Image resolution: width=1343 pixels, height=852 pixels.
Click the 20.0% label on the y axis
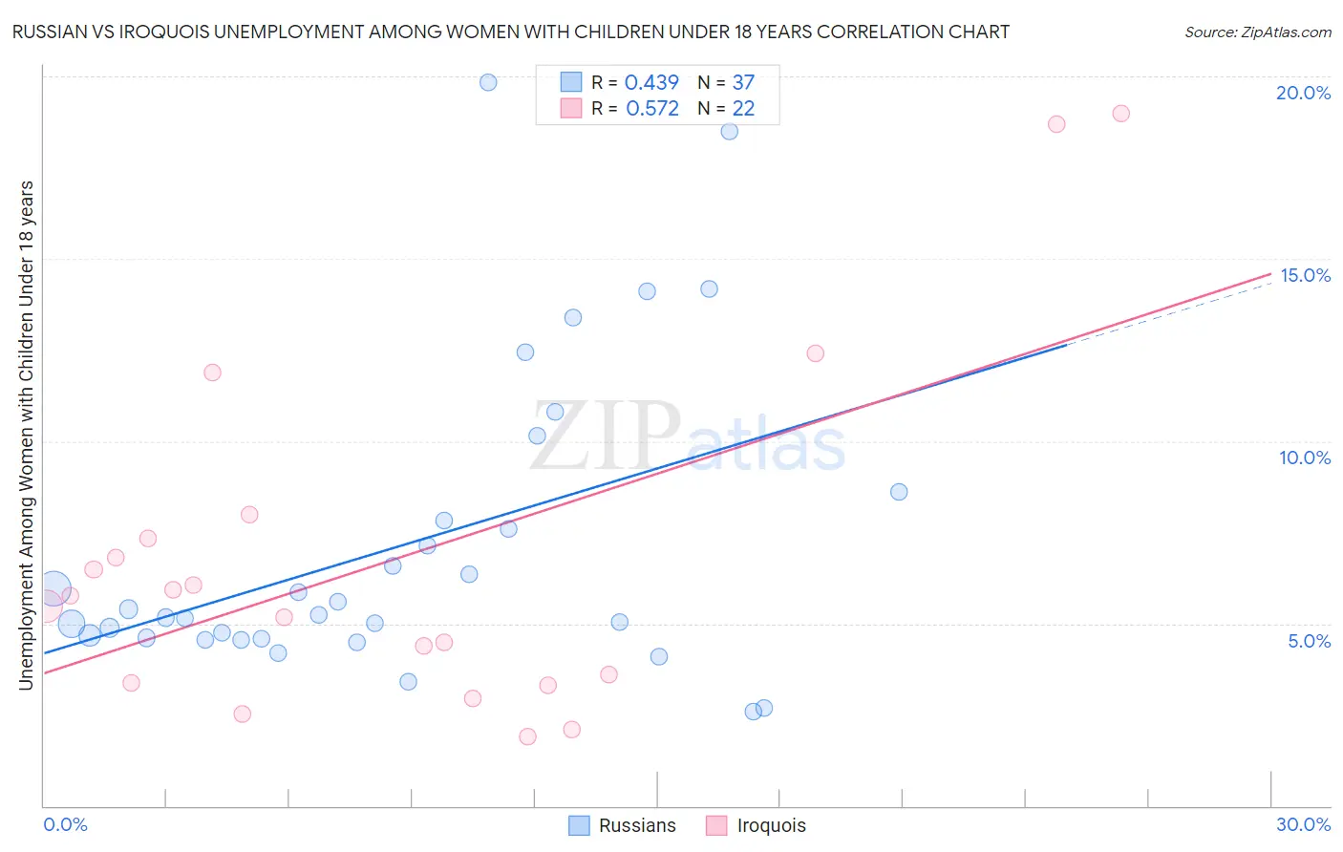click(1303, 93)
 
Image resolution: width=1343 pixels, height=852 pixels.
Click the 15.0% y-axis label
click(1305, 275)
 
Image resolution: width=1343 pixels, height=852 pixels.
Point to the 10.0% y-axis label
click(1305, 458)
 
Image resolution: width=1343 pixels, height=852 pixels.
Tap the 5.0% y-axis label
click(1309, 641)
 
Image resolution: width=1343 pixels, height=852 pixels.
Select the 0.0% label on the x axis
click(65, 824)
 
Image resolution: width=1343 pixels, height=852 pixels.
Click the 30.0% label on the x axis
click(1303, 824)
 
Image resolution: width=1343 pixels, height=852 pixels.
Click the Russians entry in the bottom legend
click(637, 825)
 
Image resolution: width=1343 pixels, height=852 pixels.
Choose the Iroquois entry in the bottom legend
click(771, 825)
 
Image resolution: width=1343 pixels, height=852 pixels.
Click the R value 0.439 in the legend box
click(651, 82)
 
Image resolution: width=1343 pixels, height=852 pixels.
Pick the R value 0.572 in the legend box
click(652, 108)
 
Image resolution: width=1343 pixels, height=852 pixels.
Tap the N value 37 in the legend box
click(743, 82)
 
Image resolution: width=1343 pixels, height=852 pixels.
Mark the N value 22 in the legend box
click(743, 108)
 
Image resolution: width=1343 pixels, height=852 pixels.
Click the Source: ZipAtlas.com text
click(1257, 32)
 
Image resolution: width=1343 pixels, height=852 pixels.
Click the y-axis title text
click(26, 435)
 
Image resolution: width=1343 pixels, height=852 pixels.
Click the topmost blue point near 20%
click(488, 82)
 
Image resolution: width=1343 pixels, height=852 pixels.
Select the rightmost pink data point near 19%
click(1120, 114)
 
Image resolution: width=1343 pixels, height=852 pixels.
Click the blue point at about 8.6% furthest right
click(899, 492)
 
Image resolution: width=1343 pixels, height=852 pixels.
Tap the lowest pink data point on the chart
click(527, 736)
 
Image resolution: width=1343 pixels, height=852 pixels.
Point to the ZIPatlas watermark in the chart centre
click(688, 437)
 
